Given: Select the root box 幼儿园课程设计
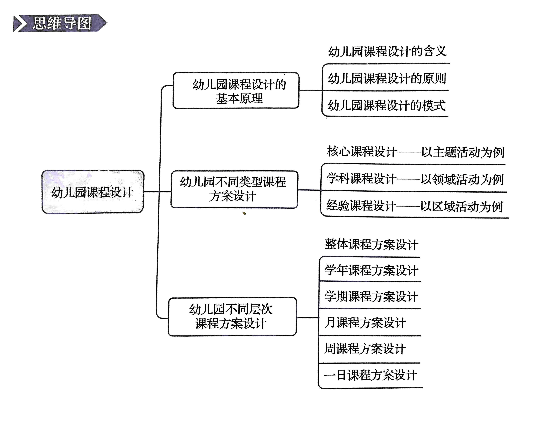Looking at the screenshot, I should (93, 192).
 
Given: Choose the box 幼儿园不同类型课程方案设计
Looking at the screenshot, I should (234, 189).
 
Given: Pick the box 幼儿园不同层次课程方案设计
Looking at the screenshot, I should (232, 317).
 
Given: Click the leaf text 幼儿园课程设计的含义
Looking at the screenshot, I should (387, 51).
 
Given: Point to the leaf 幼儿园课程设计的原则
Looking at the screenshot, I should (387, 78).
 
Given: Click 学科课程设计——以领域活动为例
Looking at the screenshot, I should (415, 179).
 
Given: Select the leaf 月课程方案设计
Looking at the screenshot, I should (365, 323).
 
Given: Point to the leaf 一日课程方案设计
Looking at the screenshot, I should (370, 375).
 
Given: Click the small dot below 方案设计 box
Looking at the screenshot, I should (244, 213).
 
